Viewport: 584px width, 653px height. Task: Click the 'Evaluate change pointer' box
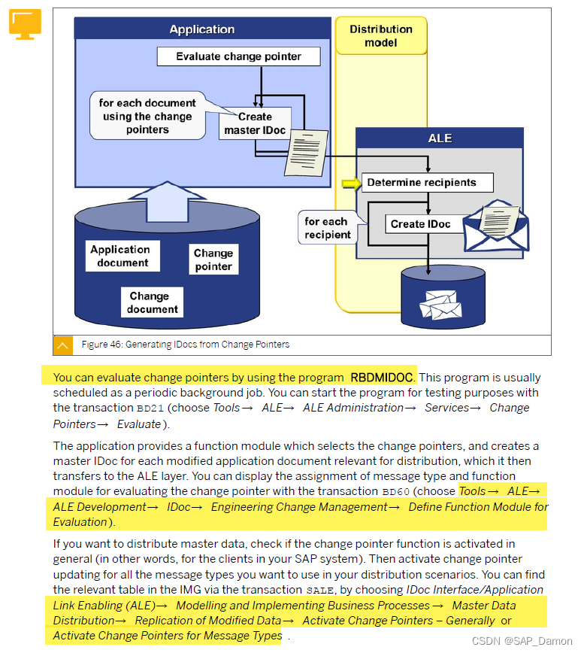coord(238,56)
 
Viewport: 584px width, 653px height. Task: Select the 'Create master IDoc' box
coord(255,123)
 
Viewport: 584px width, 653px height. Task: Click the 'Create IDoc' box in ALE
coord(420,223)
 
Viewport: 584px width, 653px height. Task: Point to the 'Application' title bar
coord(201,29)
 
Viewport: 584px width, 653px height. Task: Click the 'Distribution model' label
coord(381,36)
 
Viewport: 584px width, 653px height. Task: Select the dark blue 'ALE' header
coord(439,138)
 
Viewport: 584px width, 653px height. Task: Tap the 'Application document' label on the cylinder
coord(121,256)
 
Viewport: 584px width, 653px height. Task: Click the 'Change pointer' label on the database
coord(213,260)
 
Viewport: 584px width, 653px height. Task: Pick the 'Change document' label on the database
coord(152,302)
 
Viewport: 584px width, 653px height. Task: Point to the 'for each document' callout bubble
coord(148,116)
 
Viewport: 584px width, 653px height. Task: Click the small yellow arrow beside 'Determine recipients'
coord(351,182)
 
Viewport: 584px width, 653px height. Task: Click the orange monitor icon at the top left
coord(25,23)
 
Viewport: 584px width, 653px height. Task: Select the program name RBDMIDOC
coord(382,377)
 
